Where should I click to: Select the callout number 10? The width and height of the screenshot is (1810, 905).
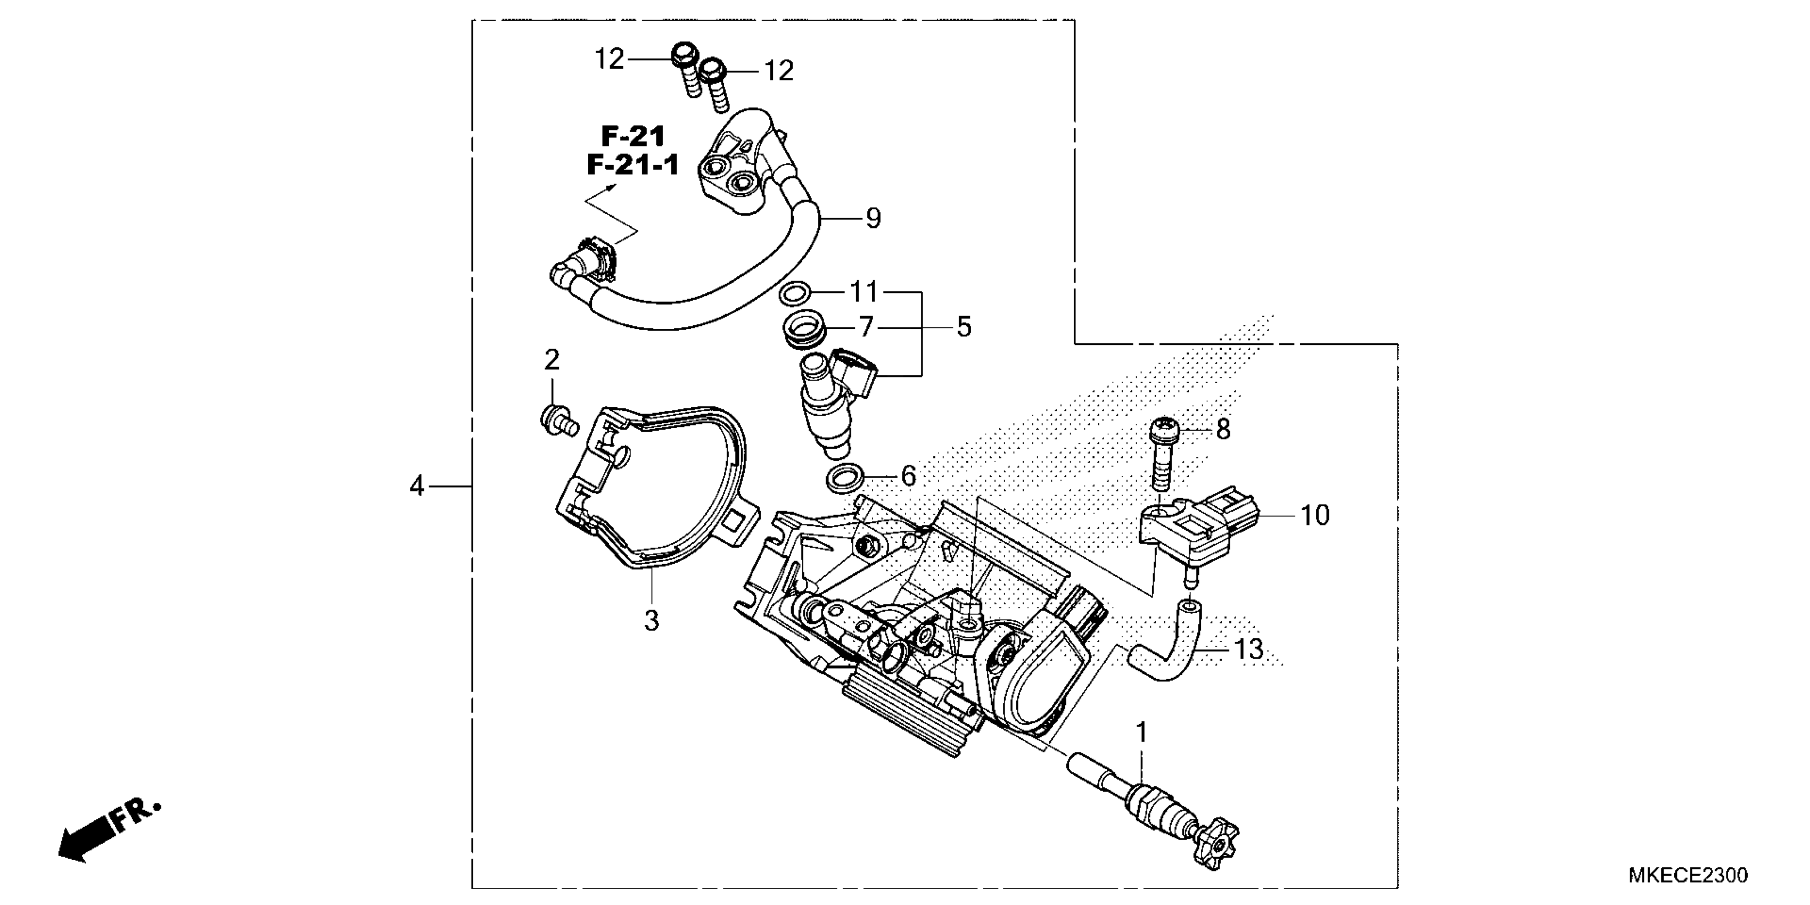[1314, 516]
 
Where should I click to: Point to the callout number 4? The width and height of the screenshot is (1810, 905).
[417, 486]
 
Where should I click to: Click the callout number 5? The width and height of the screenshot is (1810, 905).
[964, 327]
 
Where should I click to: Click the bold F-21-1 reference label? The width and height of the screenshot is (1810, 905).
[633, 165]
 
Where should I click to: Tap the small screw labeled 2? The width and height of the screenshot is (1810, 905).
[558, 421]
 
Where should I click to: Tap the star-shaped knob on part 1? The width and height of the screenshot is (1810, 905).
[1219, 841]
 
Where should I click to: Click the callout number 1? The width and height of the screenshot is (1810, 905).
[1142, 733]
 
